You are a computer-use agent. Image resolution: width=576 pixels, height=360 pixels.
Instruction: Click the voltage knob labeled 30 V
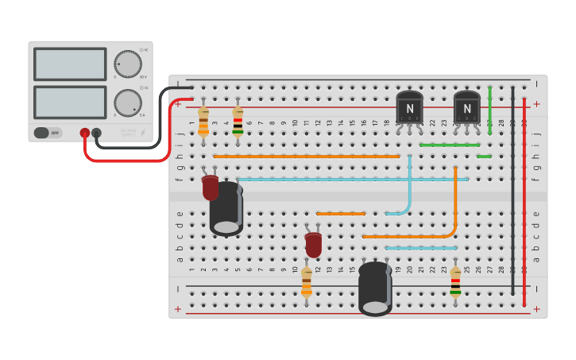127,64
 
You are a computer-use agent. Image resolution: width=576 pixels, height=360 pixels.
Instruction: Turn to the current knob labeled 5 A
127,103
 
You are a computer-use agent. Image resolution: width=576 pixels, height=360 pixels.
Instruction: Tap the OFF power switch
48,133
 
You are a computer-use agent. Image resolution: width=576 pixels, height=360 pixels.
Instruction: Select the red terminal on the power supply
85,133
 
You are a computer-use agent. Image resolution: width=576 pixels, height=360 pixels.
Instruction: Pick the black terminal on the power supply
97,133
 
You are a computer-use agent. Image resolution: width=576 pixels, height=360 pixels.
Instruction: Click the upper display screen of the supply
70,64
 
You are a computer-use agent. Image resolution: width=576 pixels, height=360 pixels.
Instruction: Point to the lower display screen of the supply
70,103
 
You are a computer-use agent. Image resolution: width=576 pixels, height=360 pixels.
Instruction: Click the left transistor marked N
410,107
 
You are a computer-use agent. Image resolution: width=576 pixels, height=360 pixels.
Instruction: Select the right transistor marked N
467,107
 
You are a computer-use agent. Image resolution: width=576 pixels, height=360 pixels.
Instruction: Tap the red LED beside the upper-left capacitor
210,188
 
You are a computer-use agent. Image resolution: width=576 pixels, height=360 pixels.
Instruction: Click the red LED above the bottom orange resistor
314,245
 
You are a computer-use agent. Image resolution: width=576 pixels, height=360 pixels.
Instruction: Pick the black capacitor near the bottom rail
375,288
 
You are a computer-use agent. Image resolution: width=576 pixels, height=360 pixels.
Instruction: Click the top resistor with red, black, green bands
238,122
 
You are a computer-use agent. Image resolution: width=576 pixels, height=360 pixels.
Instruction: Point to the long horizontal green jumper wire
449,145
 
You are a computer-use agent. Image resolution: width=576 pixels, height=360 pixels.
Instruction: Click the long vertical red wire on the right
524,199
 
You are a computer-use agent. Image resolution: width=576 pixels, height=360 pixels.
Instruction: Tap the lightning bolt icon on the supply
142,133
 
